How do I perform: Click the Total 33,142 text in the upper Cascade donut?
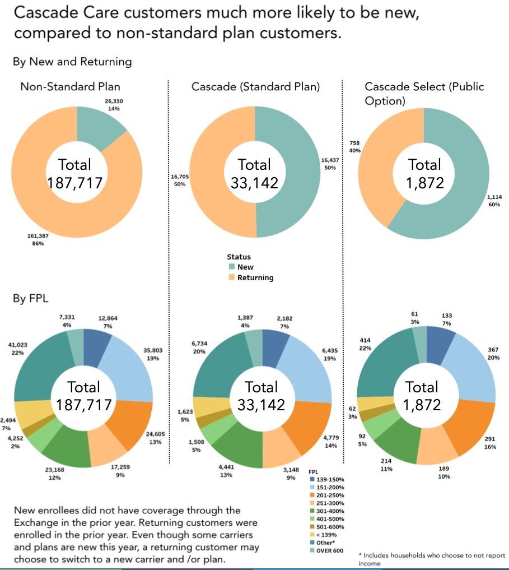tap(255, 173)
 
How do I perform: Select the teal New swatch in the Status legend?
tap(231, 267)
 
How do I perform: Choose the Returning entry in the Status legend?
tap(255, 277)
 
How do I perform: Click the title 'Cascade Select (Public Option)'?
tap(424, 94)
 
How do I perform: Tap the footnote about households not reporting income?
tap(431, 559)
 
